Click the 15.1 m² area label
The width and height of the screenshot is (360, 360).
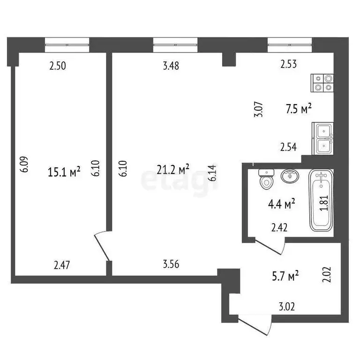pos(65,172)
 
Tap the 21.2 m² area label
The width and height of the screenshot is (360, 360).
pos(173,169)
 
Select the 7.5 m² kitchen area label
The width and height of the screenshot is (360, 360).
pos(299,109)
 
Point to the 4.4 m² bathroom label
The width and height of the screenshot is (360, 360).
pos(282,203)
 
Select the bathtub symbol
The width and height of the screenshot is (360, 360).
pos(321,201)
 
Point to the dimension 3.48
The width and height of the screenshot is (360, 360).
pos(171,66)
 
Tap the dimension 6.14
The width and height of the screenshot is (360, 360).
pos(213,172)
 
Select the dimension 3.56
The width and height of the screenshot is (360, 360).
pos(171,265)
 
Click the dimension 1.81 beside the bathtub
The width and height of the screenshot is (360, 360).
pos(323,203)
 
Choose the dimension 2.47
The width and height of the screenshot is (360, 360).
pos(61,265)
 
